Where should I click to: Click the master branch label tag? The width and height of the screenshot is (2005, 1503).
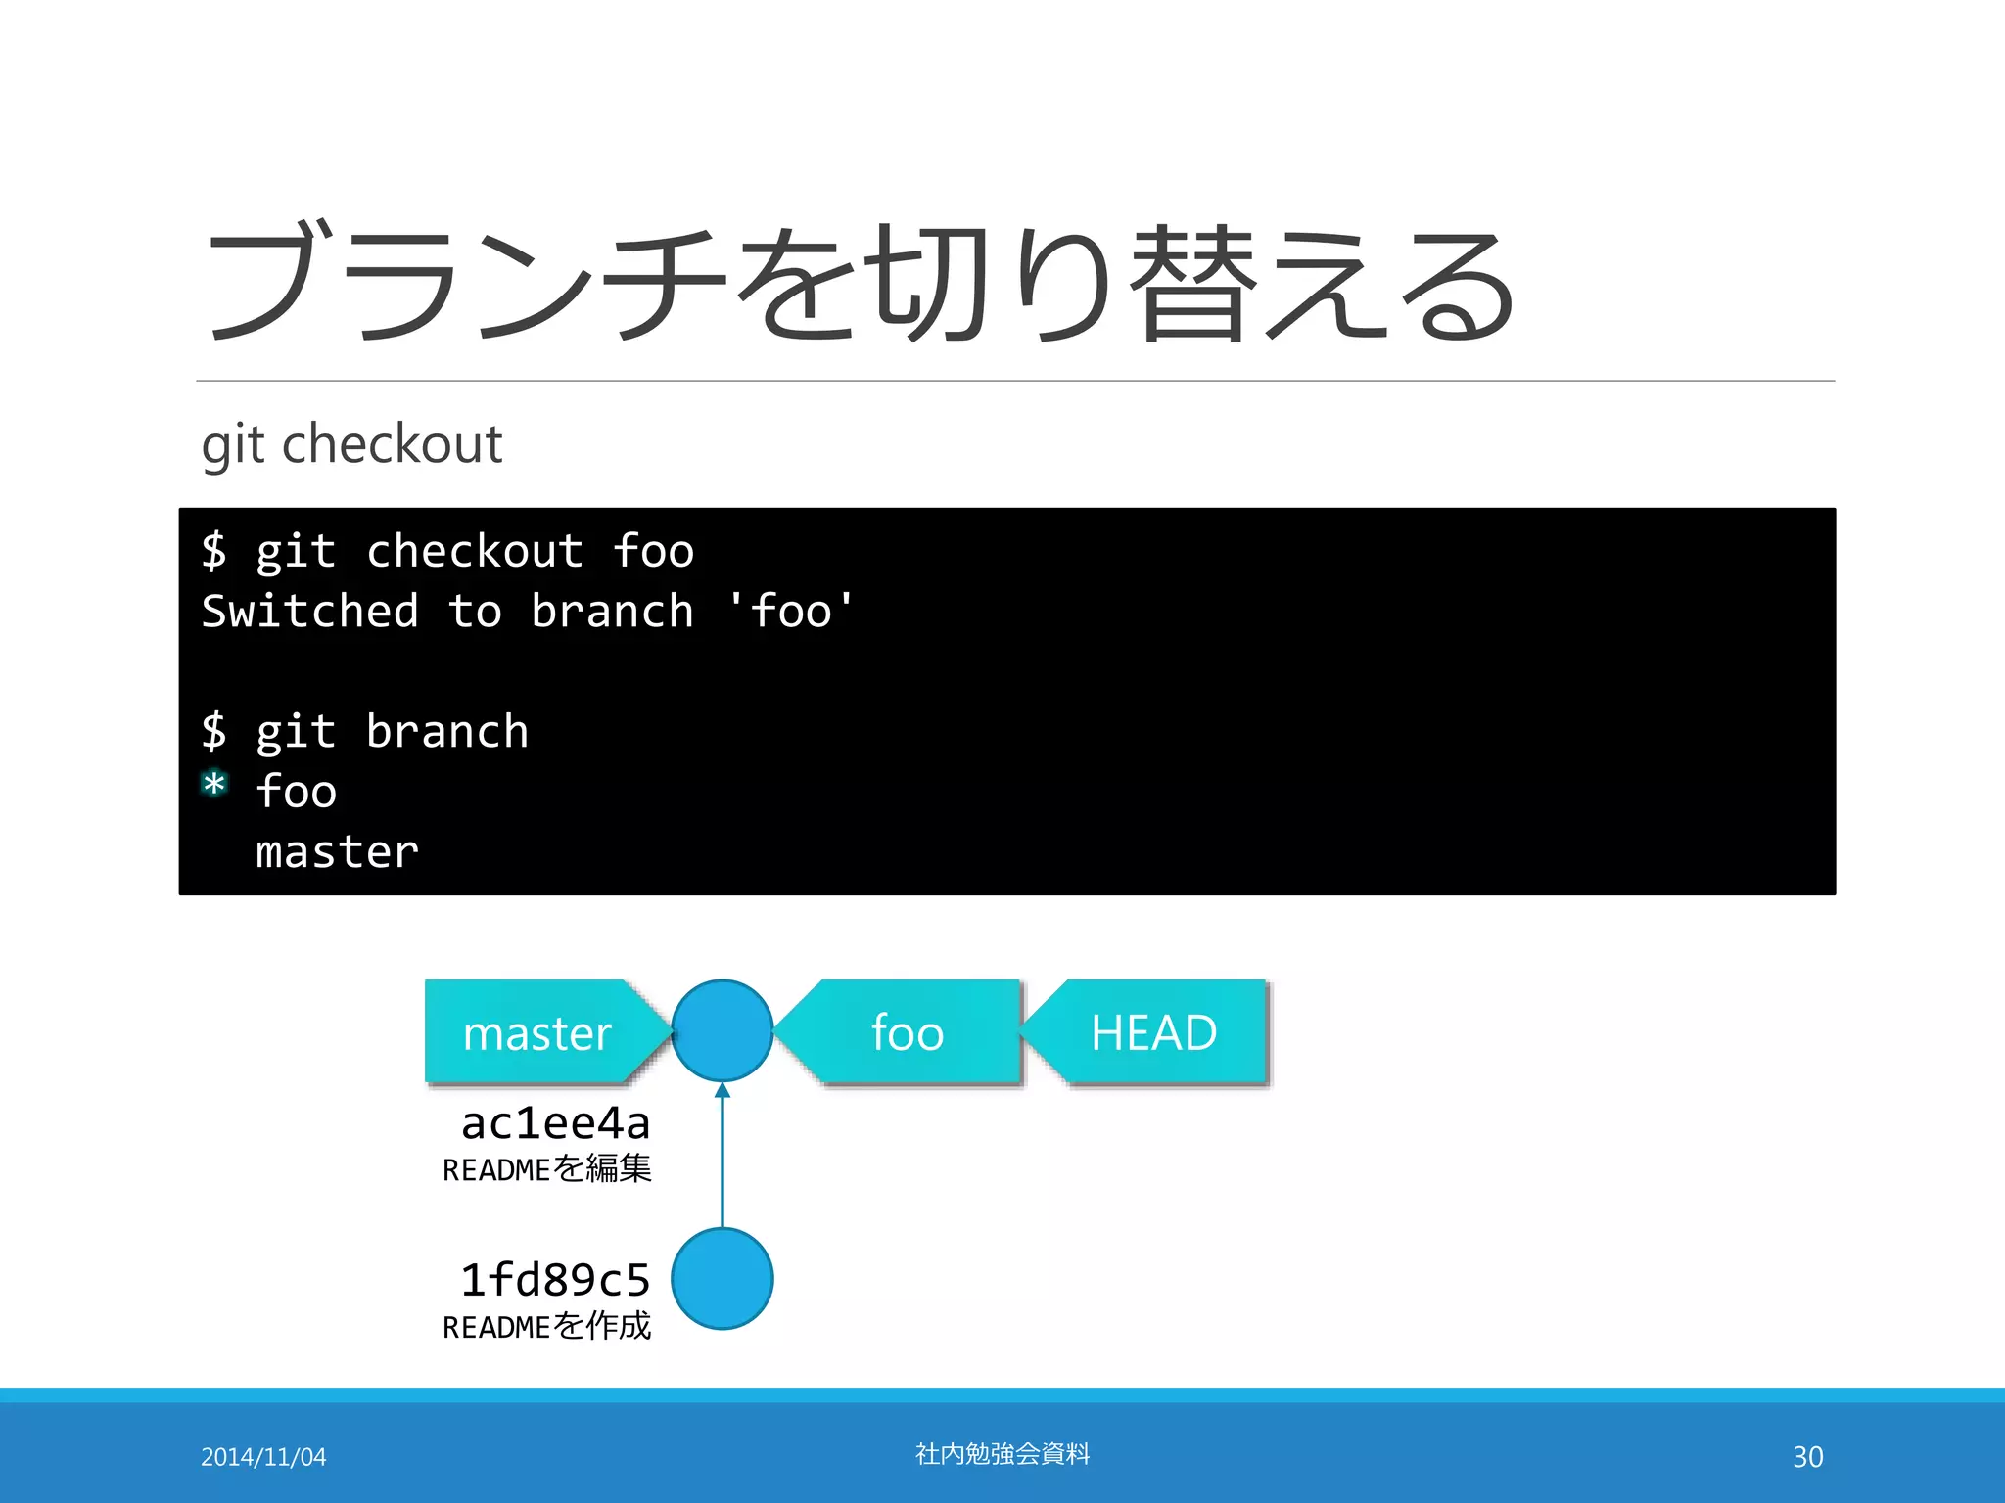point(536,1032)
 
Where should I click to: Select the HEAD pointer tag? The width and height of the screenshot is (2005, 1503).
point(1153,1032)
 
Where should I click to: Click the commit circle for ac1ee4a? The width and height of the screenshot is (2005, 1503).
point(723,1030)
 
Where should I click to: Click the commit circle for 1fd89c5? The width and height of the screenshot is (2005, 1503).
point(723,1279)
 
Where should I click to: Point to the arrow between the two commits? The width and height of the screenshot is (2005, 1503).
point(723,1155)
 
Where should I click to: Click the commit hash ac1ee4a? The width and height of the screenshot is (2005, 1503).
point(555,1123)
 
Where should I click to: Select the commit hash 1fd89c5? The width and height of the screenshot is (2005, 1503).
point(555,1280)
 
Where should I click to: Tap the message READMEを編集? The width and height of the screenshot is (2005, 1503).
point(546,1168)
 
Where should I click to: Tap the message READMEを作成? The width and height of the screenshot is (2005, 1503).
point(546,1326)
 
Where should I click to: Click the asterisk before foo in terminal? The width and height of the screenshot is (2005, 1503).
point(214,786)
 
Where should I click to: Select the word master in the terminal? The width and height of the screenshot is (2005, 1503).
point(337,852)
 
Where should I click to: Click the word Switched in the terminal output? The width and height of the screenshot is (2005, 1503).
point(309,612)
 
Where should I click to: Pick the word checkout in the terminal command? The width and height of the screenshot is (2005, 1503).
point(475,551)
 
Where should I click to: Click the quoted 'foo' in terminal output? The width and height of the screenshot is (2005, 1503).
point(791,612)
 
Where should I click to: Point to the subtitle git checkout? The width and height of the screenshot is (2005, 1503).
point(351,444)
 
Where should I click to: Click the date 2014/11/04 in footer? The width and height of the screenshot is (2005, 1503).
point(263,1457)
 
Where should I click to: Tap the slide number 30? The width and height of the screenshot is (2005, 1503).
point(1807,1457)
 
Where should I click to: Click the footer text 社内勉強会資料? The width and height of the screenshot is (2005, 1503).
point(1002,1454)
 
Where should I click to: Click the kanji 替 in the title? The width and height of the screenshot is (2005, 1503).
point(1193,284)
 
